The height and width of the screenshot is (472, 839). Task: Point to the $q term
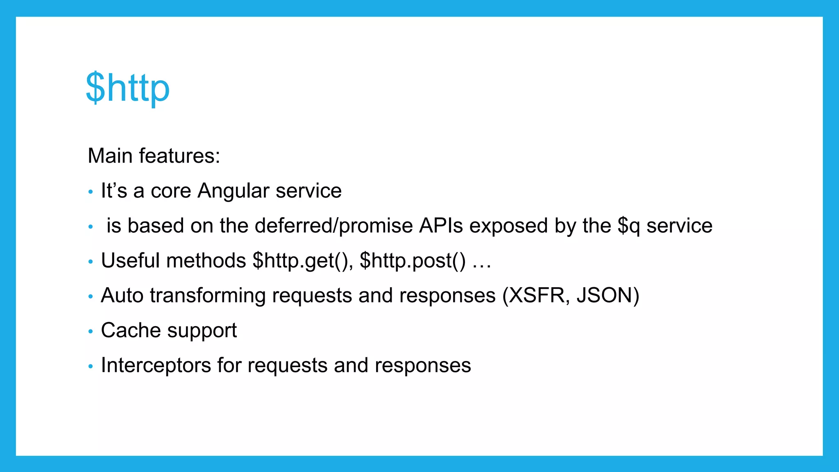pyautogui.click(x=628, y=226)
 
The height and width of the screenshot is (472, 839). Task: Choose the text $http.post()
pyautogui.click(x=413, y=261)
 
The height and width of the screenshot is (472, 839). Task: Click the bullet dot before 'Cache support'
pyautogui.click(x=91, y=331)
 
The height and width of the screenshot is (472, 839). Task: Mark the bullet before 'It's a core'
pyautogui.click(x=91, y=191)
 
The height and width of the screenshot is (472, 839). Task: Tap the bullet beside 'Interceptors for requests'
pyautogui.click(x=91, y=366)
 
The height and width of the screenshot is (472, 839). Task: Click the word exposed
pyautogui.click(x=508, y=226)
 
